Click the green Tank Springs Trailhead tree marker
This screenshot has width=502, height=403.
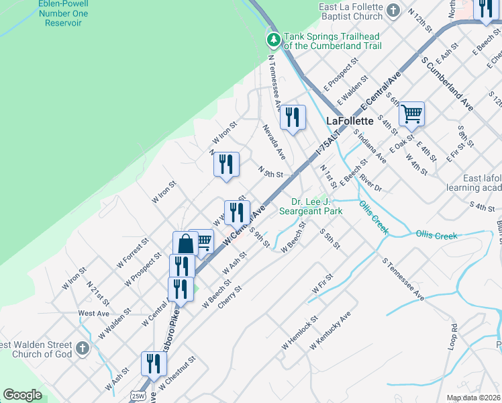[x=274, y=40]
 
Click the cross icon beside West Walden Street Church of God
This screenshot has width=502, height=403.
[x=83, y=348]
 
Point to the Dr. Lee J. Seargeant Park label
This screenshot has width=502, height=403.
[x=317, y=206]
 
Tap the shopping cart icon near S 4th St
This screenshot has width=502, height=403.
[x=411, y=114]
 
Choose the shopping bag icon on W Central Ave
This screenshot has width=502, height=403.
[x=185, y=244]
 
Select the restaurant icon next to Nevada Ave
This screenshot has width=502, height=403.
[x=292, y=118]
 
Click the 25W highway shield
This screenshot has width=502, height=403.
[x=138, y=395]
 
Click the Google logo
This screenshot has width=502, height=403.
[x=22, y=395]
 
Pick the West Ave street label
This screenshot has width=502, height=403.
[x=94, y=314]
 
